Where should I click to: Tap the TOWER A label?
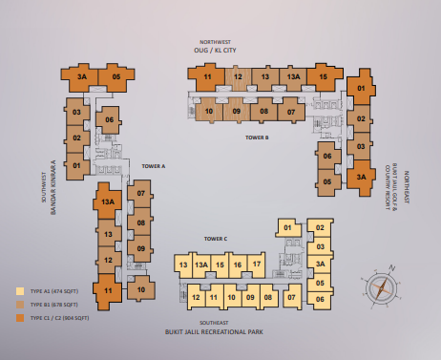tap(153, 165)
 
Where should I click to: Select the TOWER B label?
tap(257, 138)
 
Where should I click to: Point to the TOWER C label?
tap(215, 238)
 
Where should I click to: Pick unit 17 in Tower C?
tap(256, 265)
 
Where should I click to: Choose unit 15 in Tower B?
tap(325, 77)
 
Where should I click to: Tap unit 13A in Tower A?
tap(108, 201)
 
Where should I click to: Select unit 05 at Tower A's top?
tap(115, 77)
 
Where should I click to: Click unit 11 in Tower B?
tap(207, 77)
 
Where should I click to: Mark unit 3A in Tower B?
tap(360, 177)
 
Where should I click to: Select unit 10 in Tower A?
tap(140, 288)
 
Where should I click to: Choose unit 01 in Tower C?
tap(287, 227)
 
